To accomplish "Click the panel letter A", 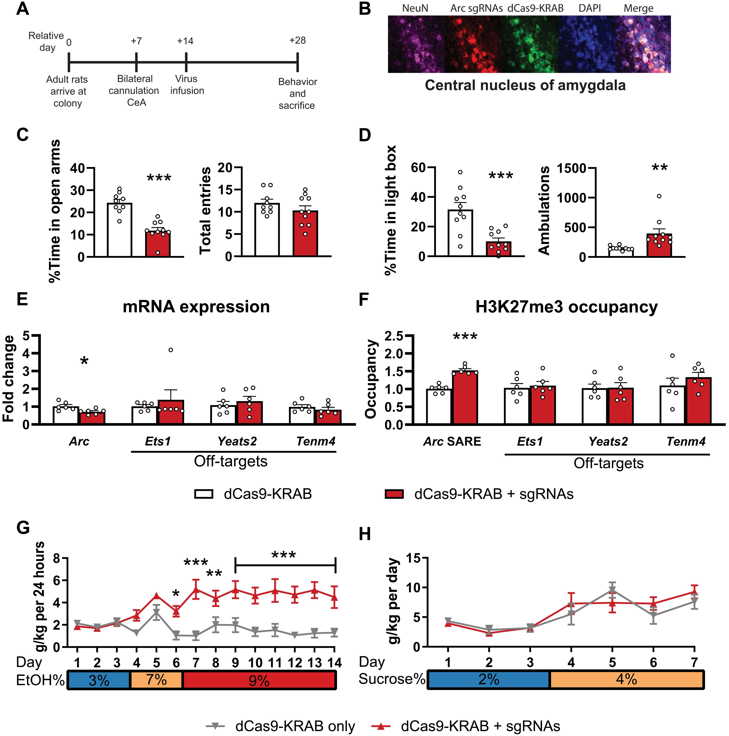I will tap(23, 8).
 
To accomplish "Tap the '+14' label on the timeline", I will tap(185, 41).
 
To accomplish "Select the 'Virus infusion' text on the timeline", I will tap(187, 85).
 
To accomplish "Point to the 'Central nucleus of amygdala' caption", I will tap(525, 85).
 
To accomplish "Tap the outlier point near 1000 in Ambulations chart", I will tap(659, 196).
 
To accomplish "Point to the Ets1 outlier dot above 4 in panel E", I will tap(171, 350).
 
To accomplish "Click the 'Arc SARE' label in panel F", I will tap(452, 442).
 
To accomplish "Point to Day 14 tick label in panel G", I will tap(334, 663).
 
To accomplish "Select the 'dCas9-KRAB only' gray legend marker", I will tap(215, 726).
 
